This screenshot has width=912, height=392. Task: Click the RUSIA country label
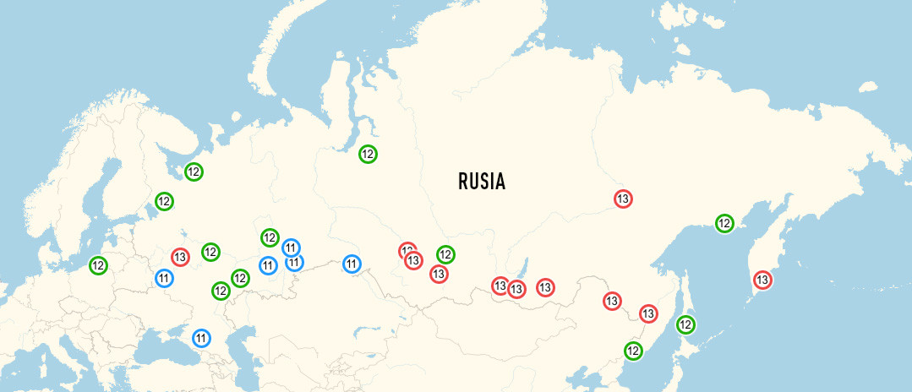(x=481, y=181)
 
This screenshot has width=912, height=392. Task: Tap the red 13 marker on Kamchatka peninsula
(x=762, y=280)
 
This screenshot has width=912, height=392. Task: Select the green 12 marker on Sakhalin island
(x=686, y=324)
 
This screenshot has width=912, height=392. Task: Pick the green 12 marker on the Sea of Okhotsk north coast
(x=724, y=223)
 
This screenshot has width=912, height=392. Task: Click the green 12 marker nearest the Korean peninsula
(x=632, y=350)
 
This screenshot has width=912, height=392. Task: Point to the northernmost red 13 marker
(x=623, y=199)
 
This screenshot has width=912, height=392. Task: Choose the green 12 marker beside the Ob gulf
(x=368, y=154)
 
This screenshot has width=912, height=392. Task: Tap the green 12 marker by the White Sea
(x=194, y=171)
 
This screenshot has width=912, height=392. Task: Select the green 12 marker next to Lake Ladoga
(x=164, y=202)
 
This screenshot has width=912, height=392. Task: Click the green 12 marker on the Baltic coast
(x=98, y=265)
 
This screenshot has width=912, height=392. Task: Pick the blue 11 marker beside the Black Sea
(x=201, y=339)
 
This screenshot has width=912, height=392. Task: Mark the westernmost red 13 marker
(x=180, y=256)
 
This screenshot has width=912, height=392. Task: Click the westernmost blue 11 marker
(x=164, y=278)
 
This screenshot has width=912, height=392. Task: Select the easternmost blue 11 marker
(x=352, y=264)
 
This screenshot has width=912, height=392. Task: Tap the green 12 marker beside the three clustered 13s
(x=445, y=254)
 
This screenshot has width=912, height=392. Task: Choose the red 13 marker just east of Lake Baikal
(x=545, y=287)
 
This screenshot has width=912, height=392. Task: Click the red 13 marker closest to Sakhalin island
(x=648, y=313)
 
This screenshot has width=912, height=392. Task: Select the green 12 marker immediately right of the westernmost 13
(x=210, y=252)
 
